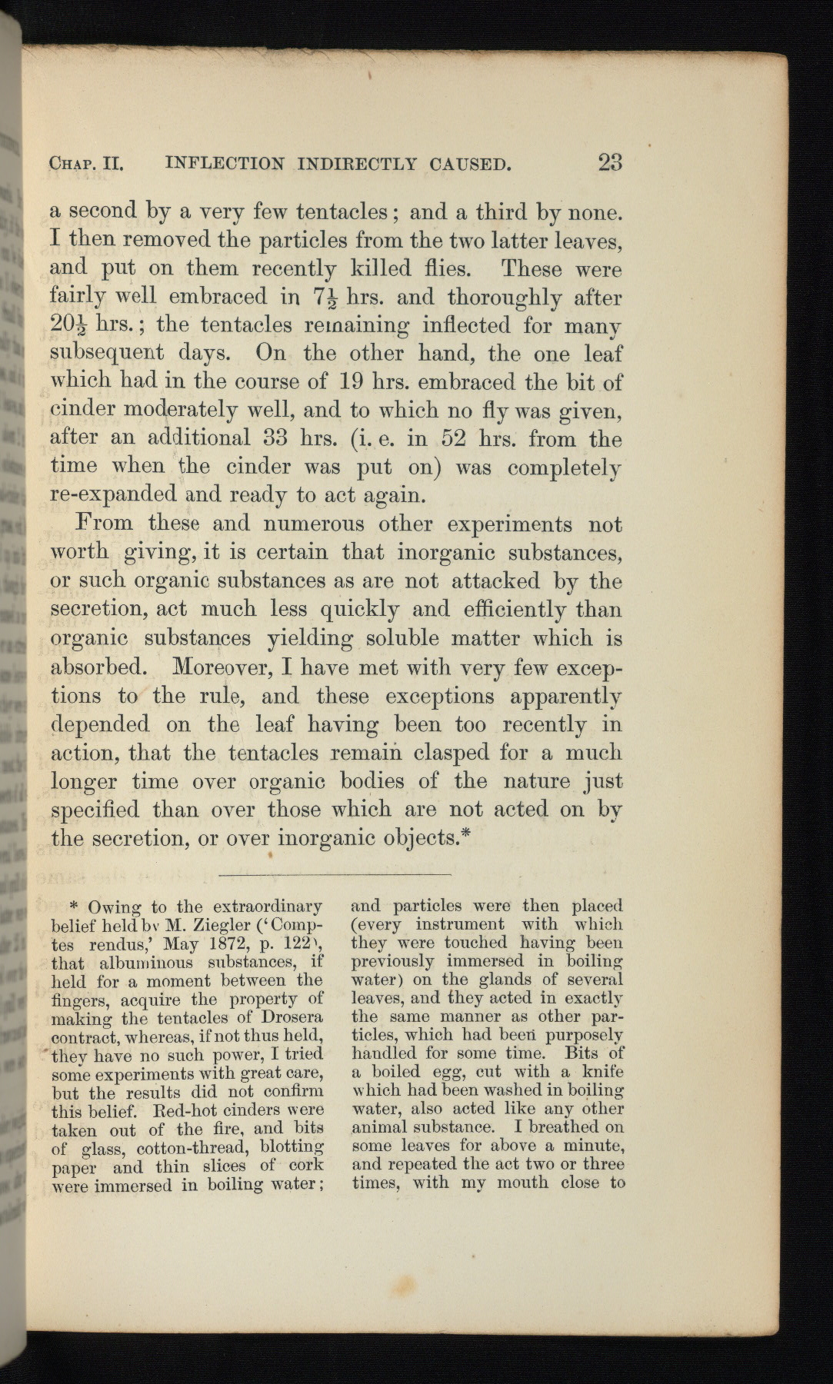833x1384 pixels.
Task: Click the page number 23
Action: (609, 162)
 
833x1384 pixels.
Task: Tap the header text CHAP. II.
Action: (86, 164)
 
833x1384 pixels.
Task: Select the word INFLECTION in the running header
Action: (224, 164)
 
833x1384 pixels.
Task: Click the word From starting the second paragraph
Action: (105, 524)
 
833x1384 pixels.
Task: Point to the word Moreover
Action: (222, 666)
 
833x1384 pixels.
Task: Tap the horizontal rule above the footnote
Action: (335, 875)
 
